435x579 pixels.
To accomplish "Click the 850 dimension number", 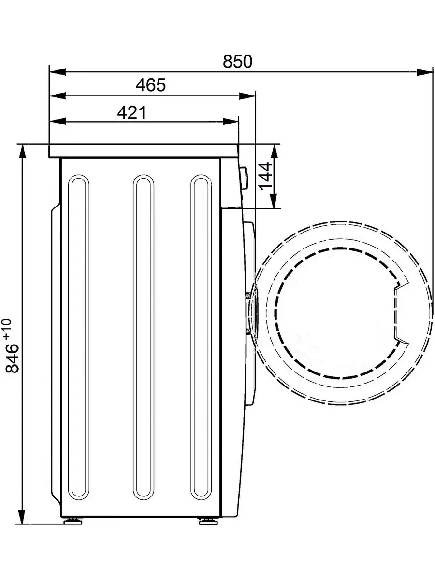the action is [237, 61].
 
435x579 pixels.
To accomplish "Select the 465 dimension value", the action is [151, 85].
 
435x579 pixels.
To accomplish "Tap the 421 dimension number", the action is [131, 112].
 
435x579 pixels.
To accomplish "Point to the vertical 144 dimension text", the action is [265, 176].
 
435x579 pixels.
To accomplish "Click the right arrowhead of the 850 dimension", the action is [425, 72].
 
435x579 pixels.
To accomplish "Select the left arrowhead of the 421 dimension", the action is [58, 122].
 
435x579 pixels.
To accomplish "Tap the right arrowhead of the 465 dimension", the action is [247, 96].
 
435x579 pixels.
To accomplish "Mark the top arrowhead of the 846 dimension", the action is [21, 152].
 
